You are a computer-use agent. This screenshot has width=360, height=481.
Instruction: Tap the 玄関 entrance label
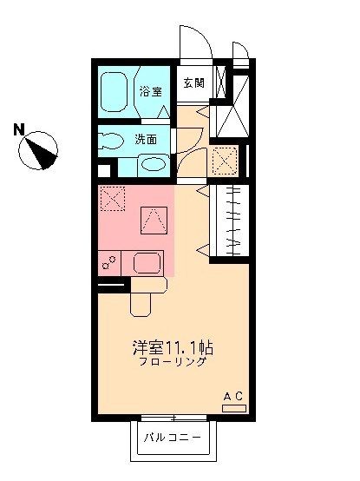[x=193, y=83]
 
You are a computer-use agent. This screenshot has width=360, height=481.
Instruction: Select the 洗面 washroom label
[x=146, y=139]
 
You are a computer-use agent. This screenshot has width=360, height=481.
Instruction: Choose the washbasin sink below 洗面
[x=153, y=164]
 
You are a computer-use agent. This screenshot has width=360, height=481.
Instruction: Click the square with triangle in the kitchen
[x=154, y=219]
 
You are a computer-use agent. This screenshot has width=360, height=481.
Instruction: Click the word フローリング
[x=172, y=362]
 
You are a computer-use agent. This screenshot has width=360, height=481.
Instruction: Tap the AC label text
[x=233, y=396]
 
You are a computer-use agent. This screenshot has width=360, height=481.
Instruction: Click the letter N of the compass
[x=18, y=130]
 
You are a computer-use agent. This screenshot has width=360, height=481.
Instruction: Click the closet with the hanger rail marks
[x=232, y=221]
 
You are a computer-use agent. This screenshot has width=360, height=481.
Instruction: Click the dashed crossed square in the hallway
[x=225, y=160]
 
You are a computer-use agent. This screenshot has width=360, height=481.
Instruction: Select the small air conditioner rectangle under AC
[x=233, y=406]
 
